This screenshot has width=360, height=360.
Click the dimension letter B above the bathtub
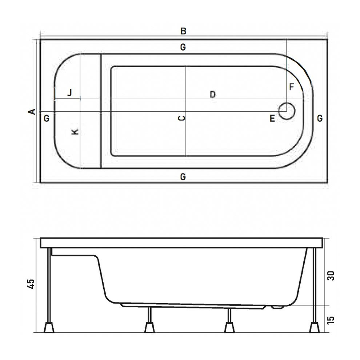(x=183, y=31)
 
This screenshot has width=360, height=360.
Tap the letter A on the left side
(x=32, y=112)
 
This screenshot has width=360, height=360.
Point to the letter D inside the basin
(x=213, y=95)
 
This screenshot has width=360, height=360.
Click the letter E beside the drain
(x=272, y=118)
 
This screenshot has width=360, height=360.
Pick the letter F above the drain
(x=291, y=87)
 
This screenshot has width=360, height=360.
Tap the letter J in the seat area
(x=70, y=92)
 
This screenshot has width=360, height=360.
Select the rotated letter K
(x=75, y=132)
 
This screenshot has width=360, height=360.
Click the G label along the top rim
(x=183, y=47)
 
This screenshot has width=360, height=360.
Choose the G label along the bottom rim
(x=183, y=177)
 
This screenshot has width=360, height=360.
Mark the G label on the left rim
(x=46, y=118)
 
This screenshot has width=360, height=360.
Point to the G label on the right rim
(x=319, y=118)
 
